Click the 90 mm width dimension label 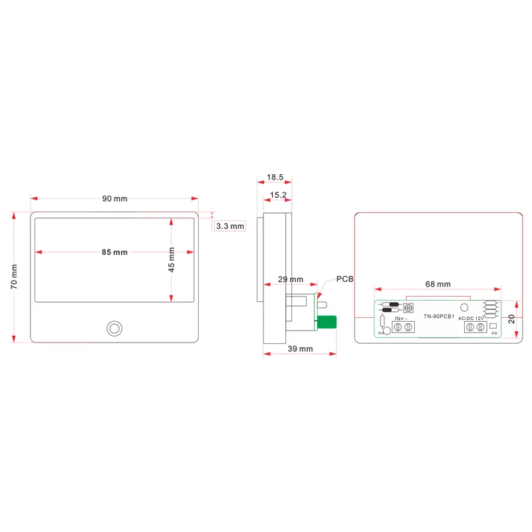tap(114, 198)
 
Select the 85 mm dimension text tap(114, 252)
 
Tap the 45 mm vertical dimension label tap(172, 259)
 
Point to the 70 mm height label tap(14, 276)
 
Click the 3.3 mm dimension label tap(231, 226)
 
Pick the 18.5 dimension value tap(275, 178)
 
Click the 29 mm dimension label tap(290, 279)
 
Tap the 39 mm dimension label tap(300, 348)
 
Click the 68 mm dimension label tap(438, 284)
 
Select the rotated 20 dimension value tap(511, 319)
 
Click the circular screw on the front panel tap(114, 329)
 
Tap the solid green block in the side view tap(327, 323)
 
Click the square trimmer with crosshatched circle tap(408, 309)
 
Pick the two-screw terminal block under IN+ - tap(403, 327)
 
